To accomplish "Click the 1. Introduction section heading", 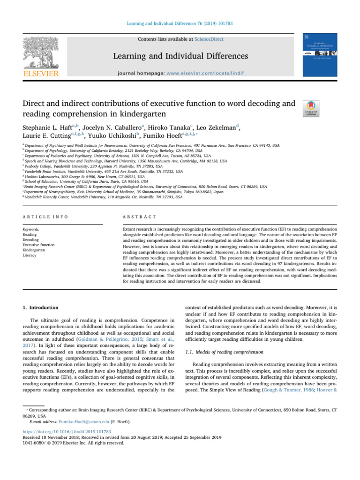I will (41, 307).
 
